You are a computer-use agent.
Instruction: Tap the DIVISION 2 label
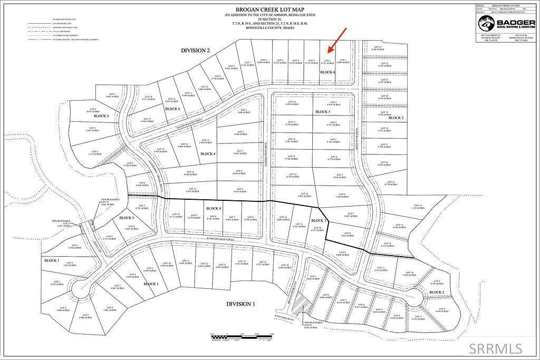pyautogui.click(x=195, y=50)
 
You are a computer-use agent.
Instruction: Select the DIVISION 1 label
pyautogui.click(x=240, y=304)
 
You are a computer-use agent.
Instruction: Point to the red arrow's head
pyautogui.click(x=329, y=52)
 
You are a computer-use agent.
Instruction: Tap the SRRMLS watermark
pyautogui.click(x=497, y=348)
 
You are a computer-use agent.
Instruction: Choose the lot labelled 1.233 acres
pyautogui.click(x=418, y=207)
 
